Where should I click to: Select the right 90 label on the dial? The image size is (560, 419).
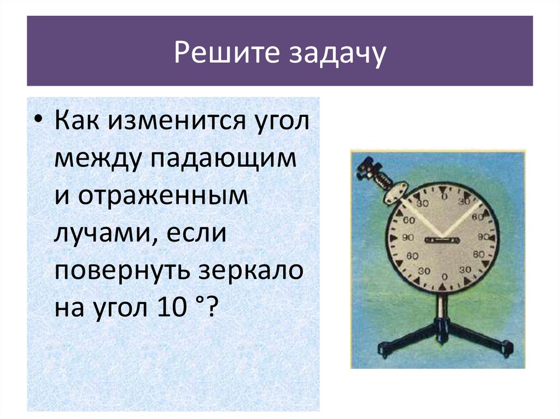pyautogui.click(x=483, y=237)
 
